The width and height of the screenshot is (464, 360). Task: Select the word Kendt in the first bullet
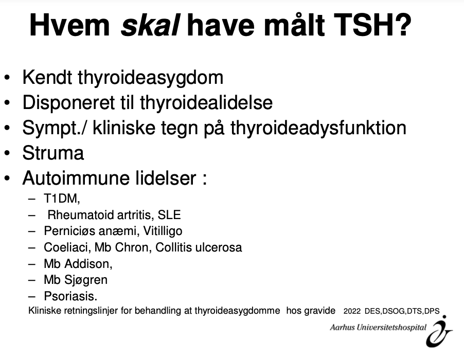coord(47,78)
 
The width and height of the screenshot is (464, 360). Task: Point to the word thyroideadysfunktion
coord(318,128)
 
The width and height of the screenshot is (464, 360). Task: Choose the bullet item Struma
coord(53,153)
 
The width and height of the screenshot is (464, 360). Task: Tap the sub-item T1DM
coord(62,198)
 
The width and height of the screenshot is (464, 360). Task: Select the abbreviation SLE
coord(169,215)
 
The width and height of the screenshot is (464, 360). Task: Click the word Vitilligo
coord(163,231)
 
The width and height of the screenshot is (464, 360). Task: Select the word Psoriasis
coord(70,296)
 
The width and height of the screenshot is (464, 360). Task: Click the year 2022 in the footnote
coord(352,311)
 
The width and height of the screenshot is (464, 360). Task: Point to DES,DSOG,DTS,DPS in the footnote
coord(402,311)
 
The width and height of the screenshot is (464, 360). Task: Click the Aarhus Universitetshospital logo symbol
coord(439,332)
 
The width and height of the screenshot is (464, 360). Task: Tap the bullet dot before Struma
coord(7,153)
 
